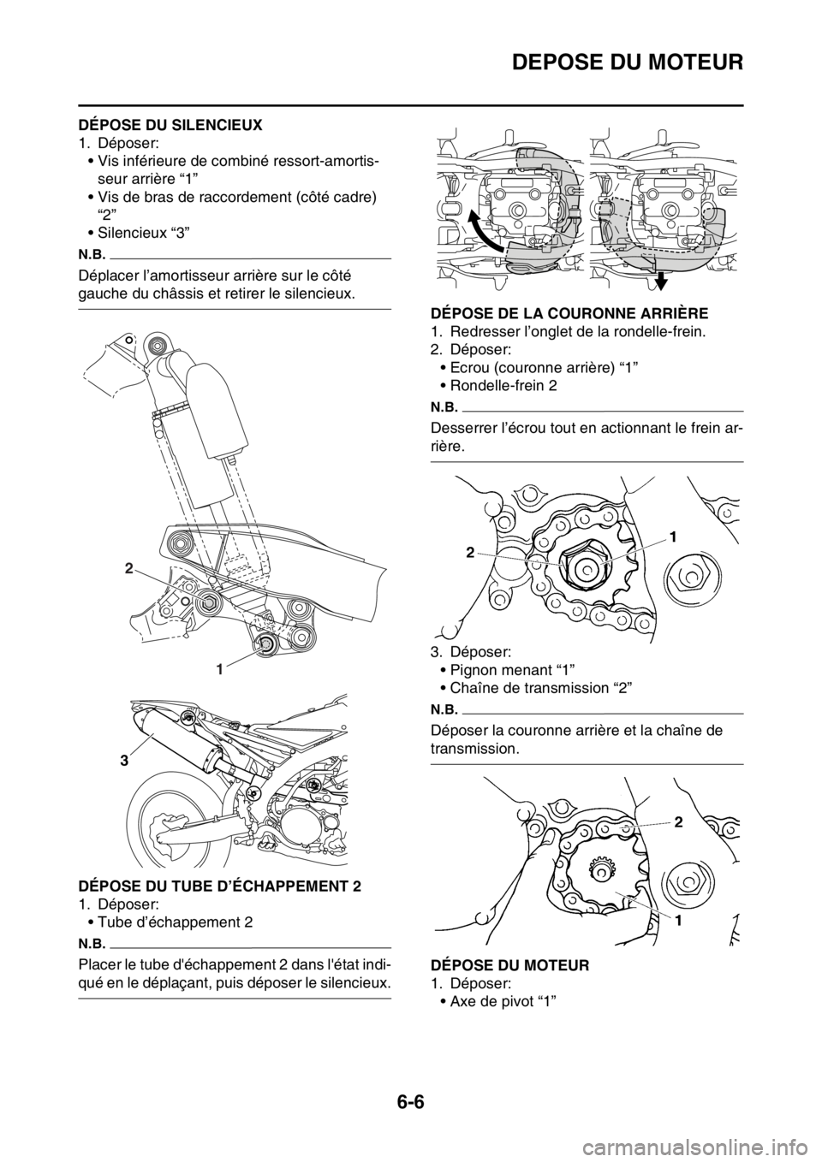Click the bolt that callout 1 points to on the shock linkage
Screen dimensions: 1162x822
tap(265, 644)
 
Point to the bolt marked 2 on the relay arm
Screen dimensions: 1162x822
tap(205, 602)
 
